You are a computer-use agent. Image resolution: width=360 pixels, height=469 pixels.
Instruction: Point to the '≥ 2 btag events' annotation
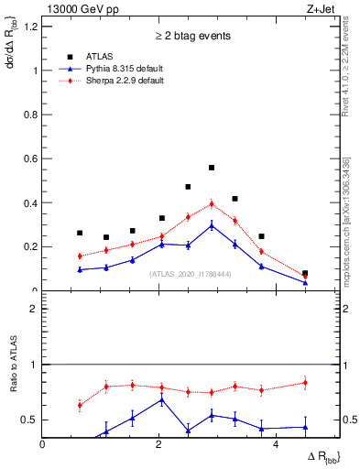click(191, 36)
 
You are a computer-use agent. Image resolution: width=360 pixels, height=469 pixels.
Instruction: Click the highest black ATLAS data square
click(212, 168)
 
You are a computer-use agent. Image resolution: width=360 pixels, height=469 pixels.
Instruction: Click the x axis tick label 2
click(159, 445)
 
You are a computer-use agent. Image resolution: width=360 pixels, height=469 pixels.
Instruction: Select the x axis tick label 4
click(276, 445)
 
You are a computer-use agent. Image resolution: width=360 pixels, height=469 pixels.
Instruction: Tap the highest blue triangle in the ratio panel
click(162, 399)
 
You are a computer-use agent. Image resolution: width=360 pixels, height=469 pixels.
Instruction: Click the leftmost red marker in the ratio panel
click(80, 404)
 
